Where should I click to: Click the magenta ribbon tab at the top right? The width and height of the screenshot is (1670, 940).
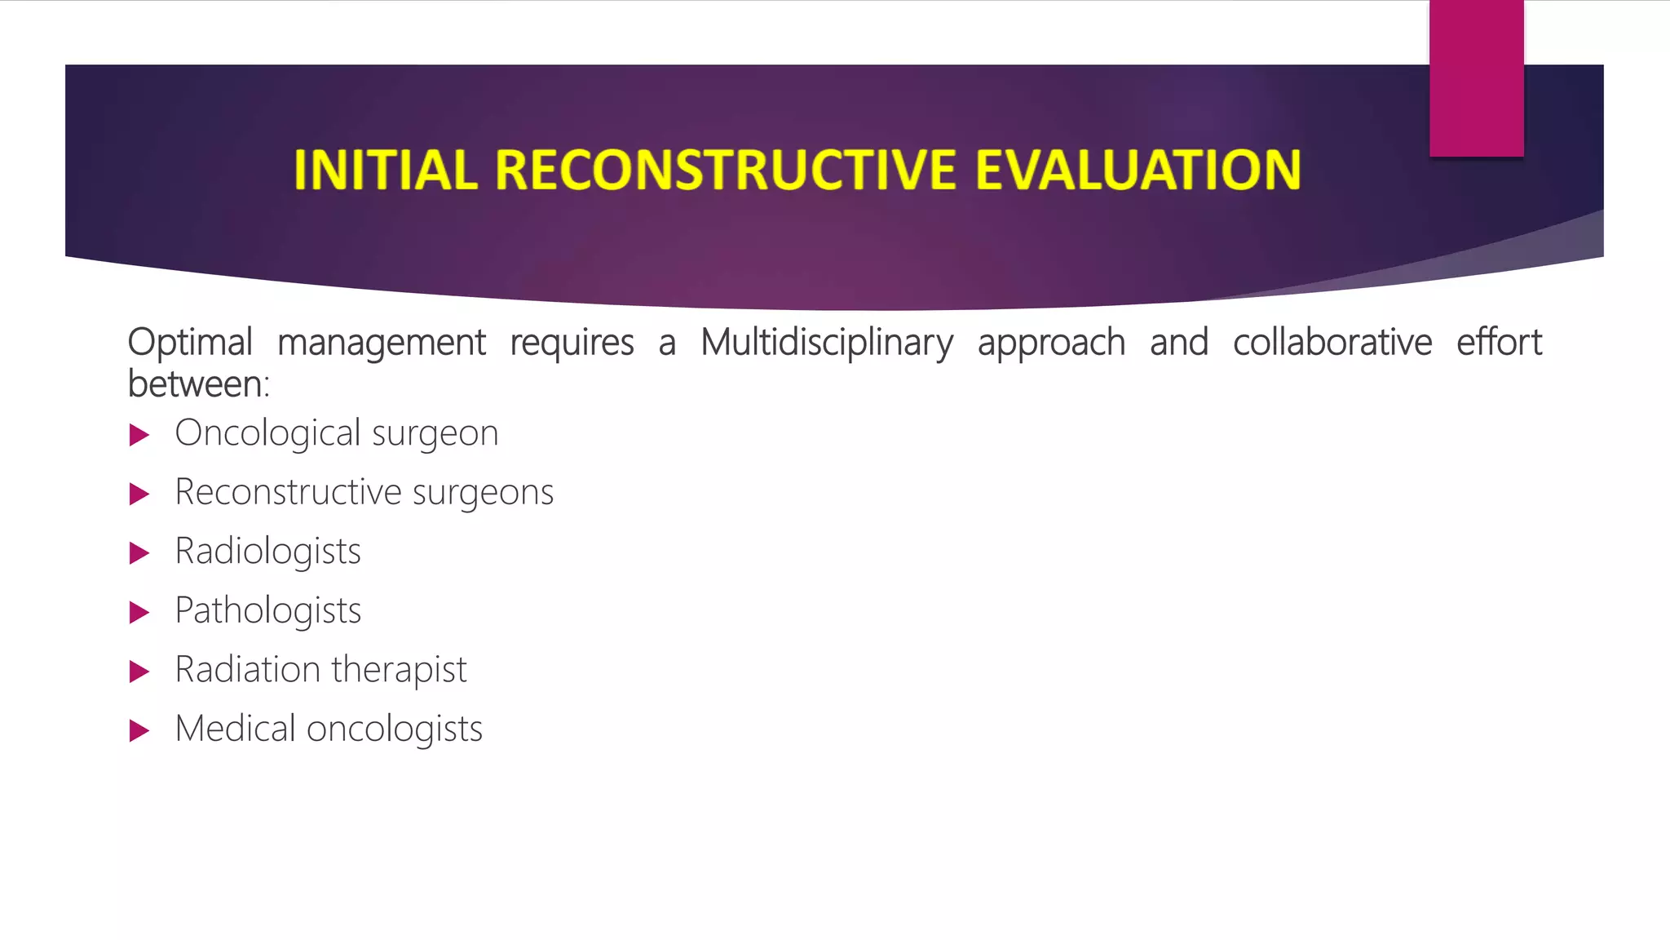tap(1476, 78)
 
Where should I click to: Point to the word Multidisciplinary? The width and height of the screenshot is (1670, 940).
tap(826, 343)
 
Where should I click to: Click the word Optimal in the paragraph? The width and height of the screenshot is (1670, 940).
tap(190, 343)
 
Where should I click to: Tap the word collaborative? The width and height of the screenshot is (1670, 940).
tap(1332, 343)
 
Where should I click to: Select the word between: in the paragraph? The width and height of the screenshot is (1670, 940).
tap(198, 384)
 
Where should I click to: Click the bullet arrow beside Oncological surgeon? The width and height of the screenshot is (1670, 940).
tap(139, 435)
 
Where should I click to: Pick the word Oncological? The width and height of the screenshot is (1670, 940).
tap(267, 433)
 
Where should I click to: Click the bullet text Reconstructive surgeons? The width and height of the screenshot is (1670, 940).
tap(364, 492)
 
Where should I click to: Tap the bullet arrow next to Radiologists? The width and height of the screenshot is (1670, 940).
tap(139, 553)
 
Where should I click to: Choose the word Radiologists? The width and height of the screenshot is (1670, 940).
tap(267, 552)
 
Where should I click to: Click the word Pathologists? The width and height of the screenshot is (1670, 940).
tap(267, 610)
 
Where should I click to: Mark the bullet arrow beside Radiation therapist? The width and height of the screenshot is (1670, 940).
tap(139, 672)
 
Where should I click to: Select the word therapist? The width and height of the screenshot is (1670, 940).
tap(399, 670)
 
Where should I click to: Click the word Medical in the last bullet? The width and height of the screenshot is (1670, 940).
tap(235, 729)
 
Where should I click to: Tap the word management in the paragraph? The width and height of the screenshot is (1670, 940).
tap(381, 343)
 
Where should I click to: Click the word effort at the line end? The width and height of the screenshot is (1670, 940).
tap(1499, 343)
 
